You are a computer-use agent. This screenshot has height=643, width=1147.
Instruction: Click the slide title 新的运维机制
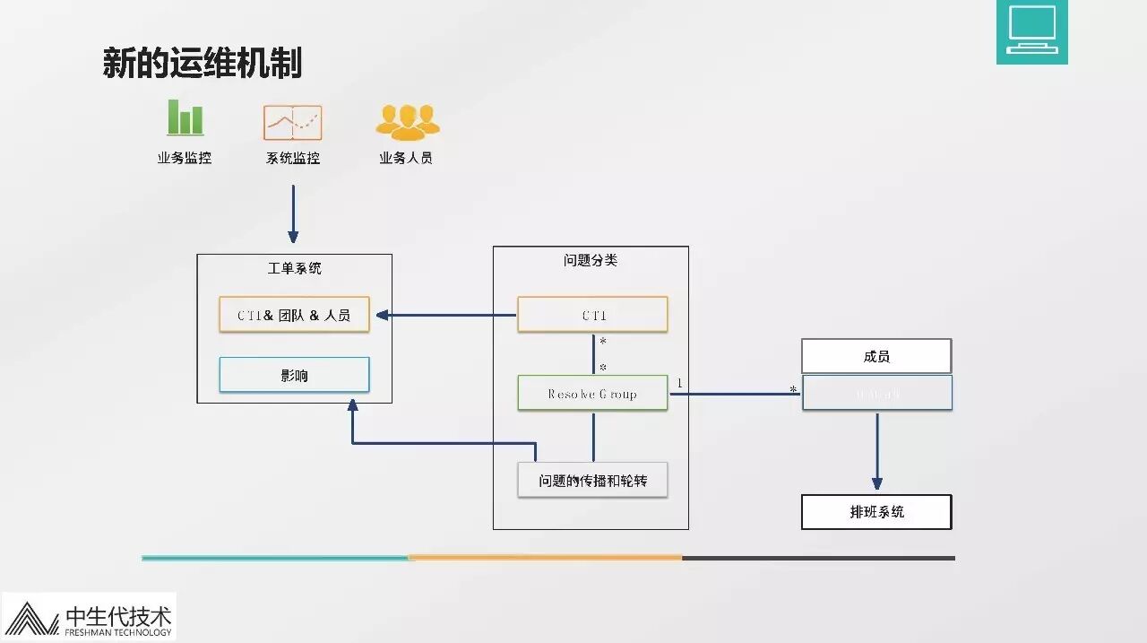tap(203, 64)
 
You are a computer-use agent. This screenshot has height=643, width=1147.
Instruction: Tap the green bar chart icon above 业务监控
tap(185, 118)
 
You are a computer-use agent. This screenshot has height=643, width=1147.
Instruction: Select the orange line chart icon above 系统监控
tap(292, 123)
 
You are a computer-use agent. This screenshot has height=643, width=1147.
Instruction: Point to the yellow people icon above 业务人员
tap(408, 122)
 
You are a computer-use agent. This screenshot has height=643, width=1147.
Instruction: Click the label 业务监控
tap(185, 158)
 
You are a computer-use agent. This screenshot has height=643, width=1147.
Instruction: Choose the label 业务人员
tap(406, 158)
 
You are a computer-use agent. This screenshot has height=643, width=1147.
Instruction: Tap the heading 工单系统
tap(294, 268)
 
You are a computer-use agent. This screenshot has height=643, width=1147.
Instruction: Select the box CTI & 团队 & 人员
tap(294, 315)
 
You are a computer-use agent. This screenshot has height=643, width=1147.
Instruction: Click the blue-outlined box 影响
tap(294, 375)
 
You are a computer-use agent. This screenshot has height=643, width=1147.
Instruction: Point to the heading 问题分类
tap(591, 260)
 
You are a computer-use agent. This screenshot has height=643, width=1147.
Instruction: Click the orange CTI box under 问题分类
tap(592, 315)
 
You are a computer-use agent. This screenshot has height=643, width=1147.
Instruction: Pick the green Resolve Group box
tap(592, 393)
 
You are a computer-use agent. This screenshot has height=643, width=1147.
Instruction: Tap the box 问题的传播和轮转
tap(592, 480)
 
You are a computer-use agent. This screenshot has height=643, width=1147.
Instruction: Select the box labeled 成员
tap(876, 356)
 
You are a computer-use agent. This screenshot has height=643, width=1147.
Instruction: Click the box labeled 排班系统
tap(876, 512)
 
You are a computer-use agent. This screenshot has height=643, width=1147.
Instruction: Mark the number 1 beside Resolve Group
tap(679, 384)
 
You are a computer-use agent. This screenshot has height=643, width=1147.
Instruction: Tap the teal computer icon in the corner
tap(1031, 32)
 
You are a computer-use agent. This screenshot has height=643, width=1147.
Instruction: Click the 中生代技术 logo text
tap(118, 616)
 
